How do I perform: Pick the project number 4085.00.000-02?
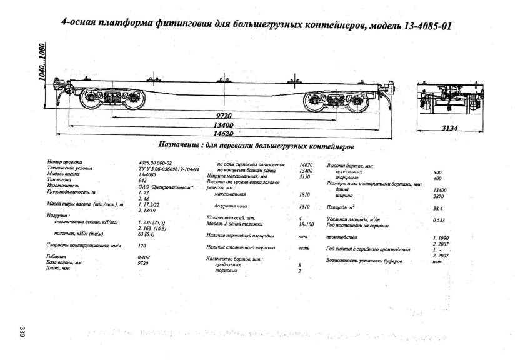click(155, 162)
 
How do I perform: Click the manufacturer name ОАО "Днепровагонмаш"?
click(166, 186)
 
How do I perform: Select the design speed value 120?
click(142, 246)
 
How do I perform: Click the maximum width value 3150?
click(306, 177)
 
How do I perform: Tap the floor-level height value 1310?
click(306, 206)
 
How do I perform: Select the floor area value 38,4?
click(437, 207)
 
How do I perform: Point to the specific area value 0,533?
click(439, 220)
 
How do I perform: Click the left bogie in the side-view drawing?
click(108, 100)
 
